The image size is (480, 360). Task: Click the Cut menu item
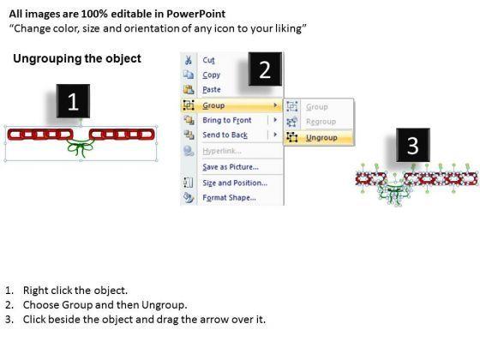pyautogui.click(x=208, y=60)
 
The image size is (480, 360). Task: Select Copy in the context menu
pyautogui.click(x=211, y=75)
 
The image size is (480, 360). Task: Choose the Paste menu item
pyautogui.click(x=212, y=90)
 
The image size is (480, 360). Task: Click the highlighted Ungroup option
pyautogui.click(x=321, y=138)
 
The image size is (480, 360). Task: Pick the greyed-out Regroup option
pyautogui.click(x=321, y=122)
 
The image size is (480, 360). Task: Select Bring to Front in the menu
pyautogui.click(x=227, y=120)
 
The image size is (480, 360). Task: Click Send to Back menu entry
pyautogui.click(x=225, y=135)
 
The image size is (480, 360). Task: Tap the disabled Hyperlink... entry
pyautogui.click(x=222, y=151)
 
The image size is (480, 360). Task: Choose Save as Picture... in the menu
pyautogui.click(x=231, y=167)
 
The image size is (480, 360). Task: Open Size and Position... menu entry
pyautogui.click(x=235, y=183)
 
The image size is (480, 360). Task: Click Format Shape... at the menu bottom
pyautogui.click(x=230, y=198)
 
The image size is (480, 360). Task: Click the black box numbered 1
pyautogui.click(x=73, y=101)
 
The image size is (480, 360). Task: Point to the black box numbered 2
pyautogui.click(x=265, y=69)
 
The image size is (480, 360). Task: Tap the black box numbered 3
pyautogui.click(x=413, y=145)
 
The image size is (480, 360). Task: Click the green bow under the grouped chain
pyautogui.click(x=80, y=147)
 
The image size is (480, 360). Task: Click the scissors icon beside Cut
pyautogui.click(x=189, y=60)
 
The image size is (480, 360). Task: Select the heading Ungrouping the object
pyautogui.click(x=77, y=58)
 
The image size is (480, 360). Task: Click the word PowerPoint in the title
pyautogui.click(x=196, y=14)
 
